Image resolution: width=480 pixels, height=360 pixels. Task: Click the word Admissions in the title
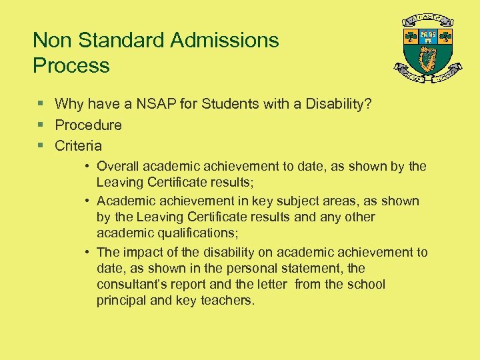click(224, 40)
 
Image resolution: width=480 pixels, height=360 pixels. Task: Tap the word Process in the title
click(71, 65)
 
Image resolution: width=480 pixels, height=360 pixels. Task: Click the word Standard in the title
click(123, 40)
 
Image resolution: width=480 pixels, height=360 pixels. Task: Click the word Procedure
click(88, 125)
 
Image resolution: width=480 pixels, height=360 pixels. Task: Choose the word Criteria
click(79, 145)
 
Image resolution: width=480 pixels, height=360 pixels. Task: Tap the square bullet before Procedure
click(40, 125)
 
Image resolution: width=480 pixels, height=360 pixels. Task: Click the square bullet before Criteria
click(40, 145)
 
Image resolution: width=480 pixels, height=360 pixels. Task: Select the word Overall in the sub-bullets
click(117, 166)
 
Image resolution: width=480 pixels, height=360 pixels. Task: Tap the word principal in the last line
click(121, 300)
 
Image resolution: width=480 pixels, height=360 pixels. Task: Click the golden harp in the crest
click(427, 59)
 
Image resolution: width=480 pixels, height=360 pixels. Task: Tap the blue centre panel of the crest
click(428, 35)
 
